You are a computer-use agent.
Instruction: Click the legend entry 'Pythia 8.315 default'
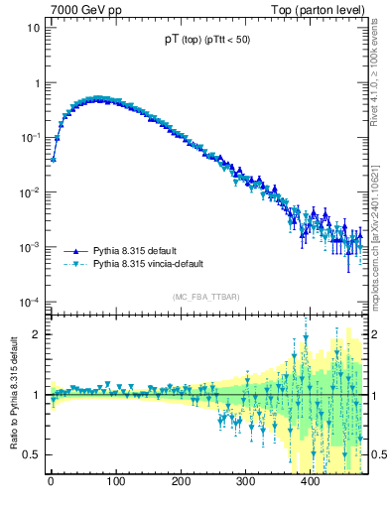124,251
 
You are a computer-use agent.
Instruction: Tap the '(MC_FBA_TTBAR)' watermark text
205,297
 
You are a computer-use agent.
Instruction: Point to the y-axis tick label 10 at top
33,28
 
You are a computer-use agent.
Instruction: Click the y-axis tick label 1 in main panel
36,83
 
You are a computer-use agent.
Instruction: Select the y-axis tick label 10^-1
30,137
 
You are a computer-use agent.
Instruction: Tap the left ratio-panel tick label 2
36,334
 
